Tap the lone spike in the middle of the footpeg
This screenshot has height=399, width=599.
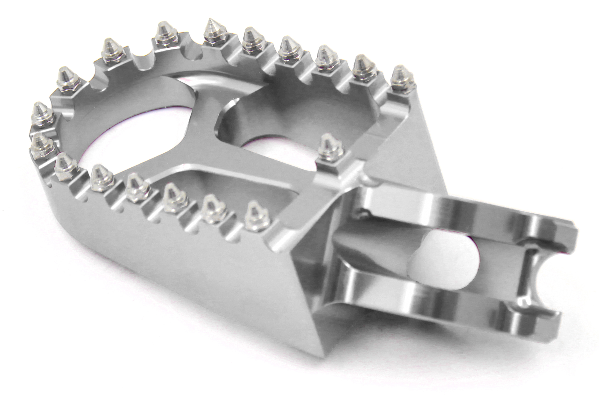pyautogui.click(x=330, y=150)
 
